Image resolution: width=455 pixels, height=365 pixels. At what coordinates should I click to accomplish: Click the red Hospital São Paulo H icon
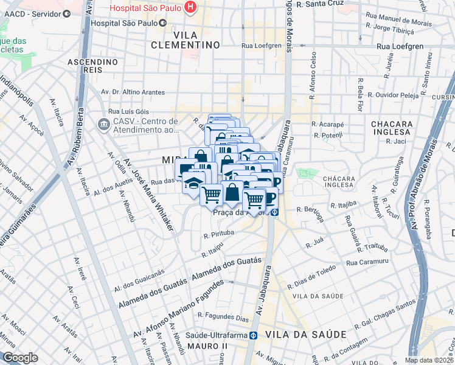point(191,7)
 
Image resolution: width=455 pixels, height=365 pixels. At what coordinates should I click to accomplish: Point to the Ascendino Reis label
point(92,66)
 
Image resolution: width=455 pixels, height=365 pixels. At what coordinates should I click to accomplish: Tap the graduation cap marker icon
point(193,182)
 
